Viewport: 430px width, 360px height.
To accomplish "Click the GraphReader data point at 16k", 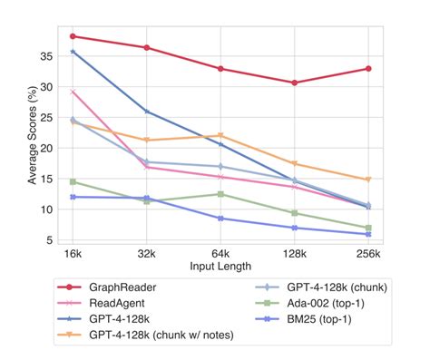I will tap(73, 36).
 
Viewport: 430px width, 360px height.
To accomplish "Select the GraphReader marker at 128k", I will tap(294, 83).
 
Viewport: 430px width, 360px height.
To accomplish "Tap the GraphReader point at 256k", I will tap(367, 69).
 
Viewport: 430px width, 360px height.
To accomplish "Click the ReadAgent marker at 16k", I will tap(73, 92).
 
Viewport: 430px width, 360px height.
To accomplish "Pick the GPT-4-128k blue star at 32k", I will tap(146, 112).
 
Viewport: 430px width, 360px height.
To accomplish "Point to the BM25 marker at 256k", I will tap(367, 234).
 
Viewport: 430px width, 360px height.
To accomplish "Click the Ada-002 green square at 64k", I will tap(220, 194).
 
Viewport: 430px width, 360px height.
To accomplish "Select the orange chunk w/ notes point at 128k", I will tap(294, 163).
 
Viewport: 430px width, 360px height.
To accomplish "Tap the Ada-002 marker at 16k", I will tap(73, 181).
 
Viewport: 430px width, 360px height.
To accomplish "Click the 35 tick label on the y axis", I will tap(47, 55).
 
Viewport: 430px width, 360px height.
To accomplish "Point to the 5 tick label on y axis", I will tap(50, 240).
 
